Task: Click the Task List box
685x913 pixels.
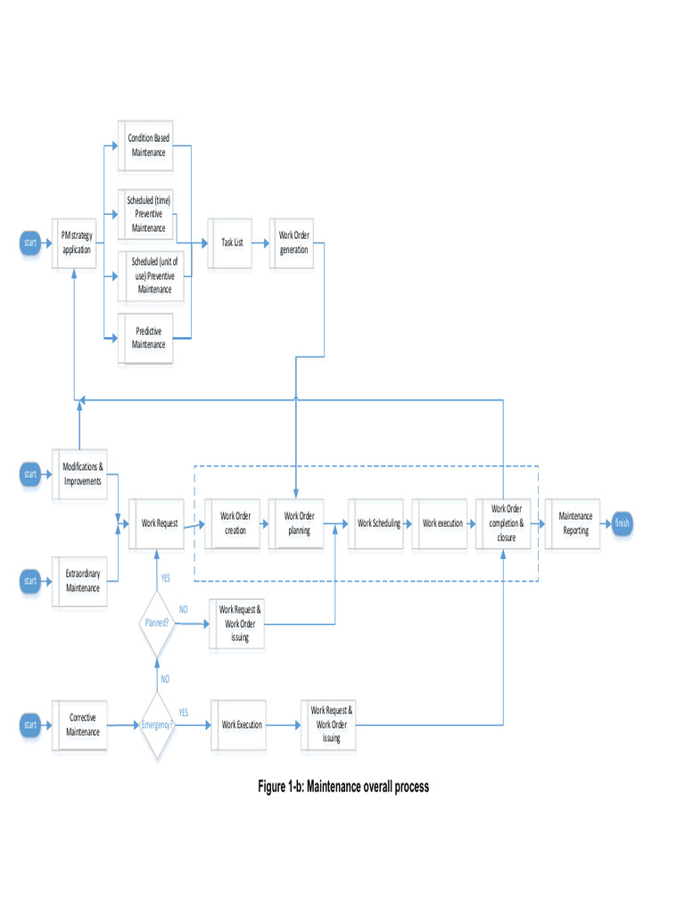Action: (x=232, y=243)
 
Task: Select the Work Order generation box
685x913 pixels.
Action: (x=293, y=243)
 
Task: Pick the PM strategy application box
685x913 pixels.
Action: (x=77, y=243)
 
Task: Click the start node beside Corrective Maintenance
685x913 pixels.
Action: (x=30, y=725)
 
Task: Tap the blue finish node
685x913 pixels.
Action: (x=622, y=523)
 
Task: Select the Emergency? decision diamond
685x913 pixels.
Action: (x=157, y=725)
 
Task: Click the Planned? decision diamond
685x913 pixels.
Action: (x=157, y=623)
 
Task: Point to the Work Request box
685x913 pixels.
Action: (x=160, y=523)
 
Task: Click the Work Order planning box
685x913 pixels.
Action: (x=299, y=523)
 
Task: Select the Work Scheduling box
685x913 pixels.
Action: (x=378, y=523)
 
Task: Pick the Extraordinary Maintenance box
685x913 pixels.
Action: (x=83, y=581)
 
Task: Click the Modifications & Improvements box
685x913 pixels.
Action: (x=83, y=473)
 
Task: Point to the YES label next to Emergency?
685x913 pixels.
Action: (x=184, y=712)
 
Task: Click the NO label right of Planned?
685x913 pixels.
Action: (x=184, y=610)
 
